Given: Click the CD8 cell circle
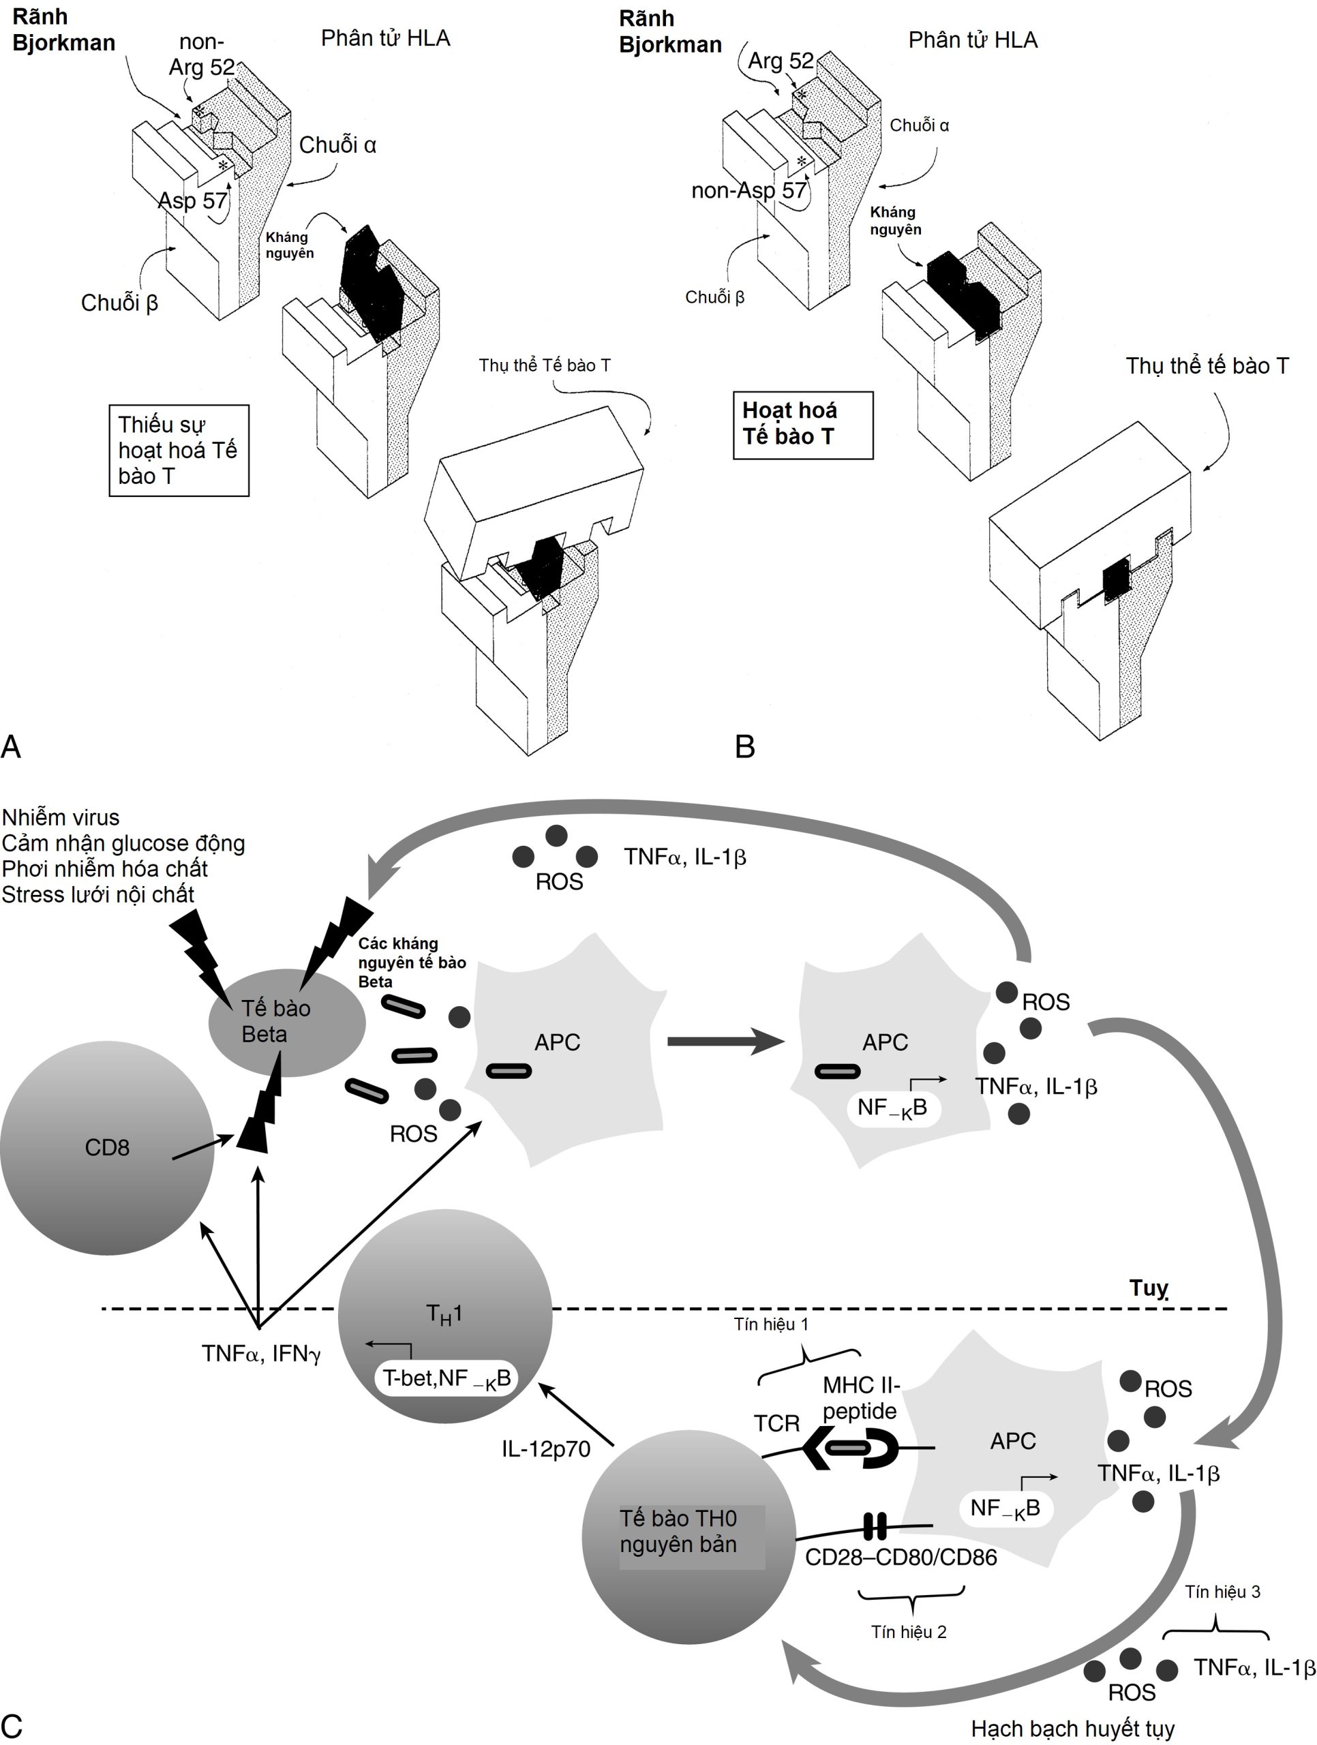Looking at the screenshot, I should [106, 1148].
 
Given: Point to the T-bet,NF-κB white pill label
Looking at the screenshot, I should [446, 1378].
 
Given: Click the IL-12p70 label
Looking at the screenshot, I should [545, 1449].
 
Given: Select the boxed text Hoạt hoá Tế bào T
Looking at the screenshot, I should [802, 425].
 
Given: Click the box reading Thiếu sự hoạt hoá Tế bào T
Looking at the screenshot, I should [179, 451].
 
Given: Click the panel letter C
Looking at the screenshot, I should [12, 1725].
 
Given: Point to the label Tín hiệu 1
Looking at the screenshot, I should [771, 1324].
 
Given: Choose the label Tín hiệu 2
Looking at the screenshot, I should [908, 1631].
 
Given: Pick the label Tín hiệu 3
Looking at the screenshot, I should [1222, 1592].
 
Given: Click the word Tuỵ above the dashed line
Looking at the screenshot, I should [1148, 1288].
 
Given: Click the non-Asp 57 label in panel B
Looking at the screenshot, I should [748, 190].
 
